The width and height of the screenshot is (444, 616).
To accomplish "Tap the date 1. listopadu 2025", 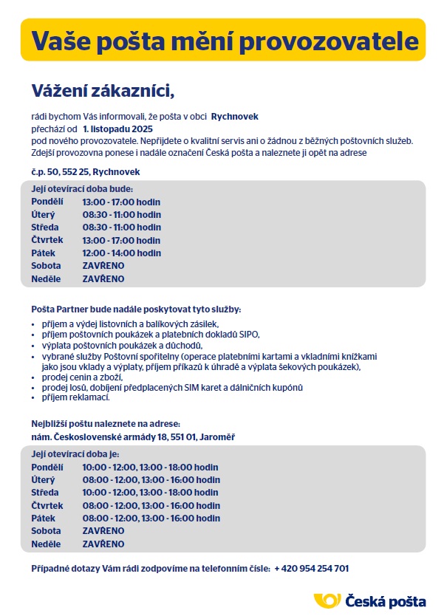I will [x=117, y=128].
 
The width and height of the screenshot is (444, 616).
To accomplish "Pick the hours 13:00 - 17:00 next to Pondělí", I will [x=121, y=202].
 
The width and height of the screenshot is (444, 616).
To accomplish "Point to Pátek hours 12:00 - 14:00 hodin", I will [x=121, y=253].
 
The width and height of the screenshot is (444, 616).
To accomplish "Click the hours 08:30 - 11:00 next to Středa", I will [x=121, y=227].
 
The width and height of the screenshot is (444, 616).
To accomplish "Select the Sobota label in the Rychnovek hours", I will [x=46, y=265].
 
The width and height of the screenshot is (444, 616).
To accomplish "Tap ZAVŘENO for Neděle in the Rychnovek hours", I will [x=103, y=278].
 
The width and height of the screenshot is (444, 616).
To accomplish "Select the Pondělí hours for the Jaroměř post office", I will [x=150, y=468].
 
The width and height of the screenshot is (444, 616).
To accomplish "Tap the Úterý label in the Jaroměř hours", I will [x=44, y=480].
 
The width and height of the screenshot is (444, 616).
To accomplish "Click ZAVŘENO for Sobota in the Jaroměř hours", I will [x=103, y=531].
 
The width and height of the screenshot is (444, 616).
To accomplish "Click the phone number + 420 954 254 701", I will [x=311, y=569].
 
